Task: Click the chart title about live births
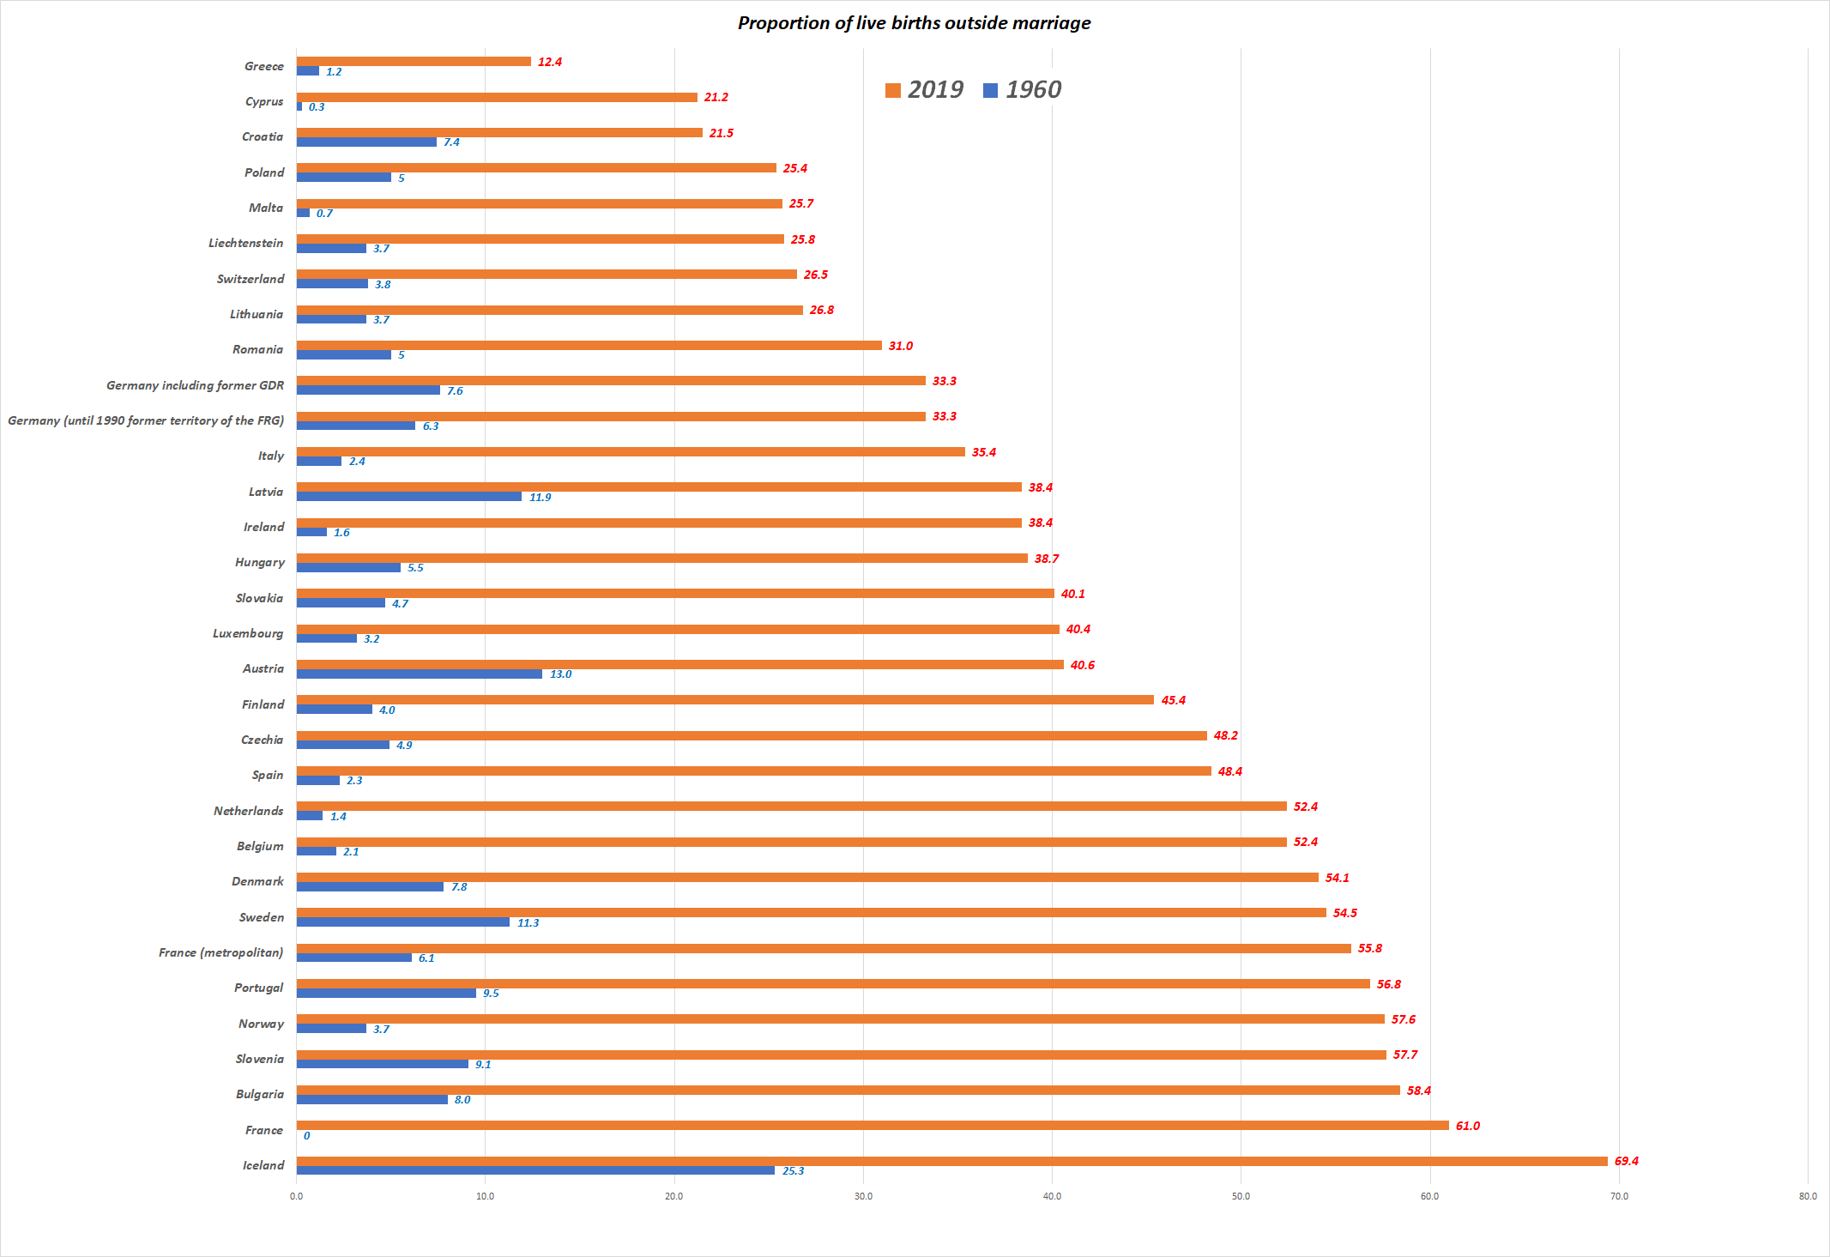(914, 23)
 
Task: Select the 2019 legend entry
(925, 90)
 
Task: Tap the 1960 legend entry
(1023, 90)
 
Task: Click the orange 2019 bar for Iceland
(951, 1161)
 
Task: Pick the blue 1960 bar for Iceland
(535, 1170)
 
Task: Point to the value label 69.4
(1626, 1161)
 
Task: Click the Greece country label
(263, 66)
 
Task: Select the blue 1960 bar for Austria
(420, 674)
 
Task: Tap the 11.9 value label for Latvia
(540, 497)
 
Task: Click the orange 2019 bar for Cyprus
(497, 97)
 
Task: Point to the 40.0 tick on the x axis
(1052, 1196)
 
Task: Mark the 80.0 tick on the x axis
(1808, 1196)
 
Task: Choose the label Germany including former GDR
(195, 385)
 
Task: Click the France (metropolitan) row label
(220, 952)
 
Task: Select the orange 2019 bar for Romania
(589, 345)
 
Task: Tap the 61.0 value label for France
(1467, 1126)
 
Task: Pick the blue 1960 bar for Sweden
(403, 922)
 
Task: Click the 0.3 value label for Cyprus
(317, 107)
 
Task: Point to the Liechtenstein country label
(245, 243)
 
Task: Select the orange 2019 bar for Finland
(725, 699)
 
